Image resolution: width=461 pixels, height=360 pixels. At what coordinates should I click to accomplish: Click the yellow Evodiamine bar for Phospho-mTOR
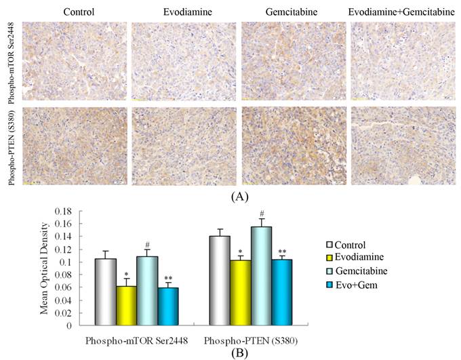(127, 305)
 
